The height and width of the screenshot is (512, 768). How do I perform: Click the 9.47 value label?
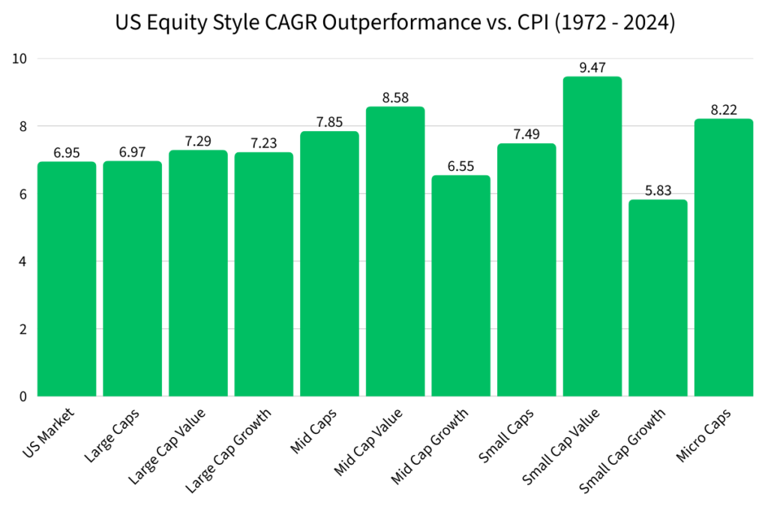(x=592, y=67)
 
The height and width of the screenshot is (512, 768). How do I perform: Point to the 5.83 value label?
(x=658, y=190)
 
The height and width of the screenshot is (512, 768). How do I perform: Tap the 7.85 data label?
(x=329, y=122)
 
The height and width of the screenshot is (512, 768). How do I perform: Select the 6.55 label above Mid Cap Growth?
(x=460, y=166)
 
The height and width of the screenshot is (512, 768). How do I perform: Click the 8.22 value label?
(x=724, y=109)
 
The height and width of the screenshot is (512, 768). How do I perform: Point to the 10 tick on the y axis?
(x=20, y=58)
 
